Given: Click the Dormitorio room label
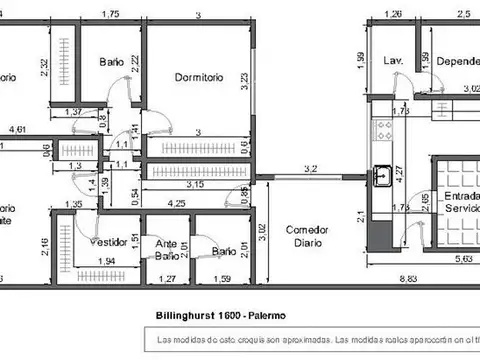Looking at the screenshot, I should tap(197, 77).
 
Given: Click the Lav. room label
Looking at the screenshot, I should tap(393, 61).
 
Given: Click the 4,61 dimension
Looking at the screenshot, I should tap(18, 129).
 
